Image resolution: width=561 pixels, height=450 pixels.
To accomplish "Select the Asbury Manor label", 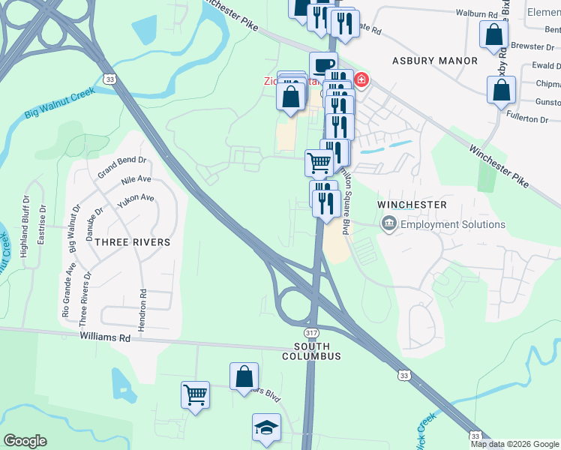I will pos(434,60).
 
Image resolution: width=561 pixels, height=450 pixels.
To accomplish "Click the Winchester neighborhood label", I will pos(412,205).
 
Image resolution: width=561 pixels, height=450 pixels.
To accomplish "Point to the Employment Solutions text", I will pos(453,224).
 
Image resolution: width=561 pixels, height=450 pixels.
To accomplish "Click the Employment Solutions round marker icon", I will pos(389,223).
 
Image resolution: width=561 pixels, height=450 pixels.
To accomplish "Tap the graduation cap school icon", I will pos(265,427).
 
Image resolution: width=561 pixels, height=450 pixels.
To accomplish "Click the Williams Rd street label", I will pos(105,338).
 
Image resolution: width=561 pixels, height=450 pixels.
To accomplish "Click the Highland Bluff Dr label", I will pos(25,226).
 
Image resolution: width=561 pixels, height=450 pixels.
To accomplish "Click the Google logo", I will pos(25,441).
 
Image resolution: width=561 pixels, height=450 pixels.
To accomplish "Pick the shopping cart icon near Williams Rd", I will pos(195,394).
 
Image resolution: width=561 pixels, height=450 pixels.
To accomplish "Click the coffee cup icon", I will pos(323,65).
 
